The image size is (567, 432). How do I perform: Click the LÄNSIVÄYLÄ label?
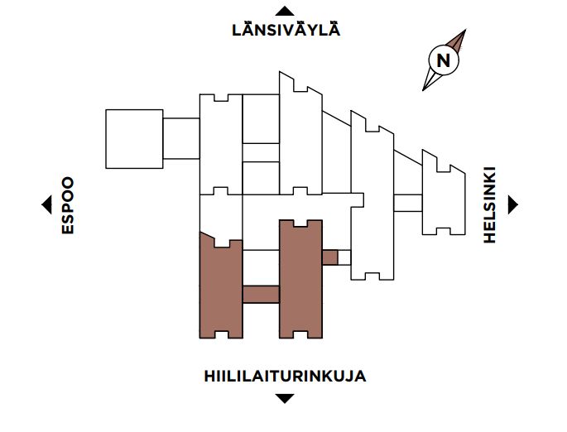(x=286, y=29)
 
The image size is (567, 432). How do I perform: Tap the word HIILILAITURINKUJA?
(x=285, y=377)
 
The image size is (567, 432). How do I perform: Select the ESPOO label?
(x=68, y=205)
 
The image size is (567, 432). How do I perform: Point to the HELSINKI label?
(x=489, y=204)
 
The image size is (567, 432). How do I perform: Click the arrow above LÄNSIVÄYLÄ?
(x=285, y=12)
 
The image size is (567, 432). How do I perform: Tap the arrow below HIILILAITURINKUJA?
(x=285, y=398)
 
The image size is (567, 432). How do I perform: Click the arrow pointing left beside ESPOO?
(x=46, y=204)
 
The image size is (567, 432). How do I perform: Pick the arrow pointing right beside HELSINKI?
(x=513, y=204)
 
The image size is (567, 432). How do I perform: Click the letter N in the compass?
(x=444, y=60)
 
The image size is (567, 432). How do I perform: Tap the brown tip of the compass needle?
(x=465, y=30)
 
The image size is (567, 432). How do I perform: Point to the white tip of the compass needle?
(x=423, y=90)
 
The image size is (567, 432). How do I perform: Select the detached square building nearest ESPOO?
(x=134, y=139)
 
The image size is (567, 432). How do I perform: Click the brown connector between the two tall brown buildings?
(x=261, y=295)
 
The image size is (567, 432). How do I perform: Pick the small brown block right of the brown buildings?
(x=329, y=257)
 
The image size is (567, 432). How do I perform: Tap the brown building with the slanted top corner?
(x=221, y=286)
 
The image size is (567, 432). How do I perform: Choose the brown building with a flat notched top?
(x=300, y=279)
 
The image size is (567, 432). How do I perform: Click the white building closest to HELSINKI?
(x=444, y=192)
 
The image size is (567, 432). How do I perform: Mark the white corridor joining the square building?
(x=181, y=138)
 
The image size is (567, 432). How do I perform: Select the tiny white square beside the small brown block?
(x=344, y=257)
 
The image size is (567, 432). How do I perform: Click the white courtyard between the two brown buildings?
(x=261, y=267)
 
